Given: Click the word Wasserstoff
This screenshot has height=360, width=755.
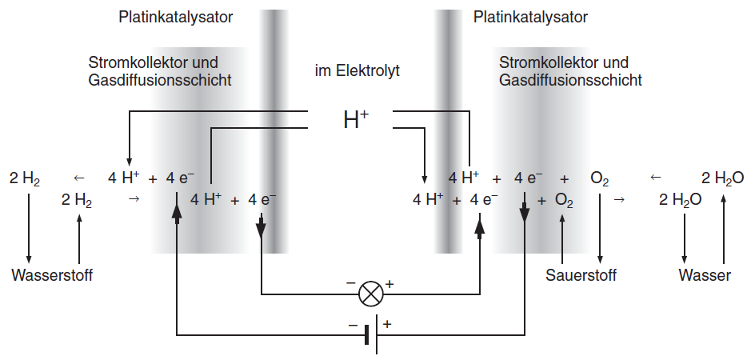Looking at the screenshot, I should click(52, 276).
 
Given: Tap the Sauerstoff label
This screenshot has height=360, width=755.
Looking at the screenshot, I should click(581, 276).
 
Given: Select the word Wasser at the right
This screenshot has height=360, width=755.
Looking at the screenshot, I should click(705, 276).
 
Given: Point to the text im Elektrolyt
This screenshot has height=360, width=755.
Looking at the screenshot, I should click(357, 71).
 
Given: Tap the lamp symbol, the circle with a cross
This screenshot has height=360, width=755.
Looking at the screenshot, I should click(370, 294).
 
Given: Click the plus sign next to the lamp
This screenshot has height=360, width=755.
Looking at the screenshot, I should click(390, 283).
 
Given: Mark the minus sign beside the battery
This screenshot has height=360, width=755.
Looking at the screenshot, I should click(353, 325).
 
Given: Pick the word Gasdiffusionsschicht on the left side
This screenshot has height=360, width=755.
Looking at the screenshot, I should click(160, 80).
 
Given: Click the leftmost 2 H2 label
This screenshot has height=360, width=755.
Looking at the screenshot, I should click(25, 178).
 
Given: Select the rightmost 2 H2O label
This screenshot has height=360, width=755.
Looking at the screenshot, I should click(723, 178).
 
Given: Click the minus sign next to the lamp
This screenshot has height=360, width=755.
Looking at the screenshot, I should click(350, 284).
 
